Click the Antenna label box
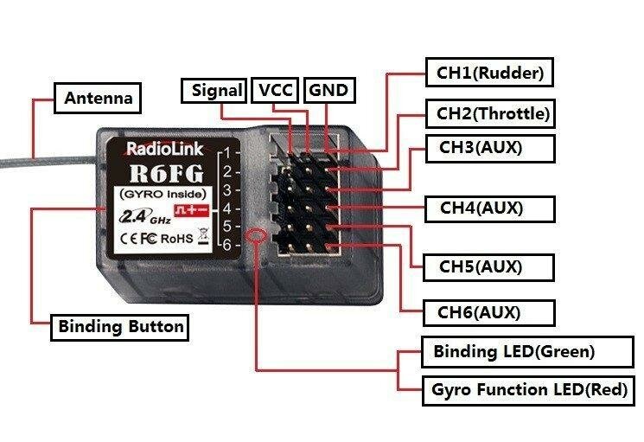pyautogui.click(x=99, y=98)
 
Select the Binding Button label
pyautogui.click(x=120, y=327)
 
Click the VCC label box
pyautogui.click(x=276, y=90)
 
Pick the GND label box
pyautogui.click(x=328, y=90)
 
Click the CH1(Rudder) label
pyautogui.click(x=489, y=73)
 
